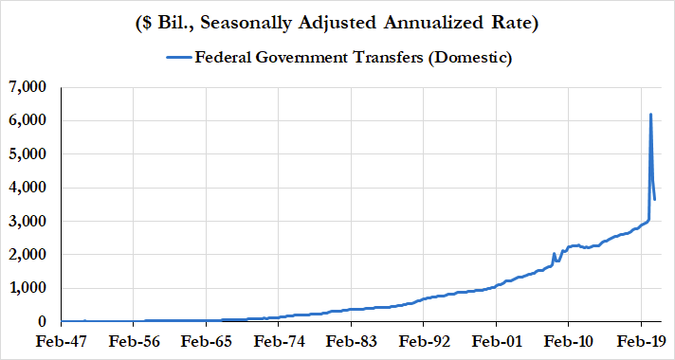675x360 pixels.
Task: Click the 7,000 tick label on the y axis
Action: pos(28,87)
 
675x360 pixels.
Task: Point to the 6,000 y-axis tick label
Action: pos(28,121)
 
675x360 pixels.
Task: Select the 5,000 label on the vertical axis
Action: pos(28,154)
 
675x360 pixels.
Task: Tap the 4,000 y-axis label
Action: pos(28,188)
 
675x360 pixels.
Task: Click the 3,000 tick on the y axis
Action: pos(28,222)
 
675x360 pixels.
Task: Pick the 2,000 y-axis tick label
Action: pos(28,255)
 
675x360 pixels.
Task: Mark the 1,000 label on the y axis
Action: pos(28,289)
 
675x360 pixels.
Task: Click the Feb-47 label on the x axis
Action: pos(61,342)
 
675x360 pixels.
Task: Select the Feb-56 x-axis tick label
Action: pos(134,342)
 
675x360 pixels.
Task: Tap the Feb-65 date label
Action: pos(207,342)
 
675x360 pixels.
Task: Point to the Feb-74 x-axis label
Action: pos(279,342)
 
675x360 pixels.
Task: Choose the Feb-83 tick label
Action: pos(352,342)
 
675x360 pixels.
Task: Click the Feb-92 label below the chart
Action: pos(424,342)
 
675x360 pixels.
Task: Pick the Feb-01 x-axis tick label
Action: pos(497,342)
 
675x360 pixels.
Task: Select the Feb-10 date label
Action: pos(569,342)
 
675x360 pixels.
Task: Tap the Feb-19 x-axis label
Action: pos(642,342)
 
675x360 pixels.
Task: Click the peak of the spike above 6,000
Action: pos(650,114)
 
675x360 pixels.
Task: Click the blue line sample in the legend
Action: pos(177,58)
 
